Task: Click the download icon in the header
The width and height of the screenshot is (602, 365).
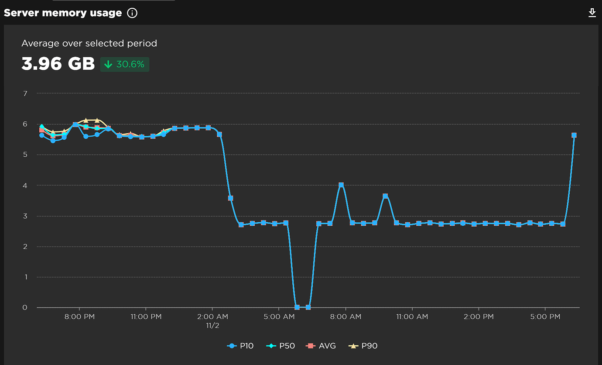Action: tap(592, 13)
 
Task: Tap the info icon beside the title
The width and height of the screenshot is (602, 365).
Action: tap(132, 13)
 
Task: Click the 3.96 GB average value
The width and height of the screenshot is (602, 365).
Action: tap(58, 64)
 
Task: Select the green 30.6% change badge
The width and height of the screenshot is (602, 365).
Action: tap(125, 65)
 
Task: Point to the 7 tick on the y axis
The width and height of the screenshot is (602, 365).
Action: tap(25, 93)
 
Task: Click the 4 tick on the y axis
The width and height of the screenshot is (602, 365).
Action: tap(25, 185)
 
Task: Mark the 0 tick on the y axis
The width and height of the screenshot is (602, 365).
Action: tap(25, 307)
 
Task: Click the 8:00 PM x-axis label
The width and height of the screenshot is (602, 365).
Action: tap(79, 317)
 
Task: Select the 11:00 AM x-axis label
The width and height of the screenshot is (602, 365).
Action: tap(412, 317)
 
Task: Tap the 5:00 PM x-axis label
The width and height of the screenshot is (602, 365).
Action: tap(545, 317)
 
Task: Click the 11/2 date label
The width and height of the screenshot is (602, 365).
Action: tap(212, 326)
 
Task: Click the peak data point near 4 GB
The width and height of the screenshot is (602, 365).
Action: tap(341, 185)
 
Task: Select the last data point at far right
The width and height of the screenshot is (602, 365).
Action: tap(574, 135)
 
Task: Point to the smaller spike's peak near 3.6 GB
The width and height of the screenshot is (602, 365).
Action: tap(385, 196)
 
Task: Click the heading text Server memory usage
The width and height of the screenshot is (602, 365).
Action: tap(63, 13)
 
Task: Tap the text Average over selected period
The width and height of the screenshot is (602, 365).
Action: tap(89, 43)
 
